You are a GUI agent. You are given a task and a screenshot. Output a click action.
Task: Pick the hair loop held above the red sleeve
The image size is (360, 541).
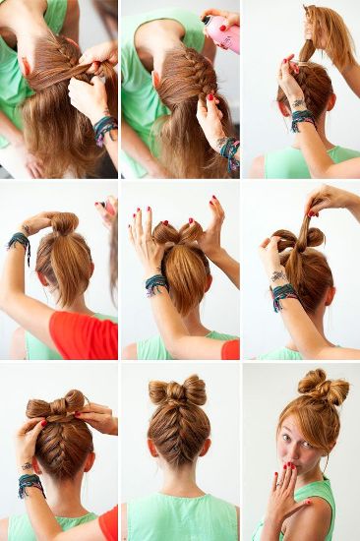64,224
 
